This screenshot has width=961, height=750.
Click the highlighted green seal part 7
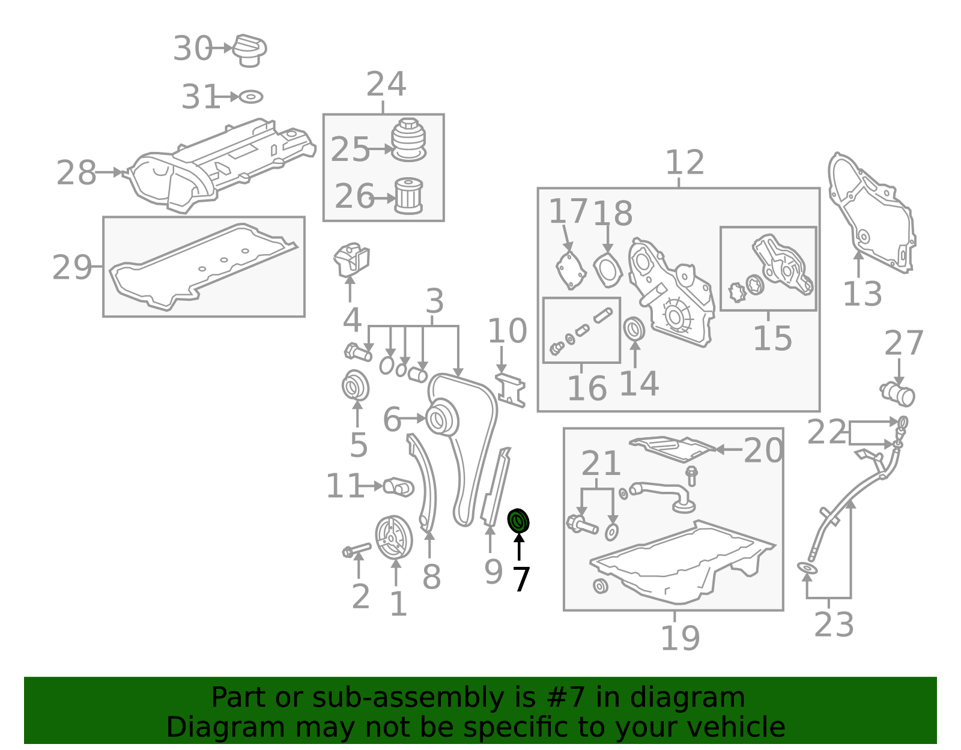(x=518, y=521)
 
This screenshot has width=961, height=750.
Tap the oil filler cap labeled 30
(x=249, y=50)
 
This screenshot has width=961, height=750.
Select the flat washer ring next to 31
(x=250, y=96)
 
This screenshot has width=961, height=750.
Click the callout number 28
(x=76, y=172)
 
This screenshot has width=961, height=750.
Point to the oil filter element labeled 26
(x=408, y=196)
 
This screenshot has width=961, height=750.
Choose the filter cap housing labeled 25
(x=408, y=139)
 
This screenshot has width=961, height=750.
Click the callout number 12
(x=685, y=162)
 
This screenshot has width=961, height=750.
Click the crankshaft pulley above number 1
(x=393, y=537)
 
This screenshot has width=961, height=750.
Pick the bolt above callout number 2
(x=356, y=550)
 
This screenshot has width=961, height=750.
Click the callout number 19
(x=680, y=638)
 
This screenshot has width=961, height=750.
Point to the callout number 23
(x=834, y=625)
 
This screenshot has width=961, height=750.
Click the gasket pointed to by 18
(x=608, y=269)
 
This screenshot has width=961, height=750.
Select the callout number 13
(x=862, y=294)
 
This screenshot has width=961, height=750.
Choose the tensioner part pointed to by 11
(x=398, y=488)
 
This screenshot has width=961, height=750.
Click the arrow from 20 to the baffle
(x=729, y=450)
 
